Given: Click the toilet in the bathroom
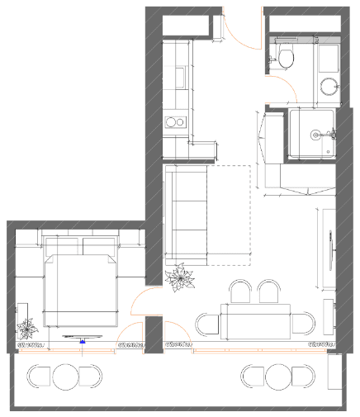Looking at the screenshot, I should click(x=286, y=59).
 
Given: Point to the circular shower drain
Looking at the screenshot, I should click(x=315, y=134).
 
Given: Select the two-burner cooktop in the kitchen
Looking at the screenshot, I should click(x=176, y=123).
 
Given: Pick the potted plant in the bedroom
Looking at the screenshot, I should click(x=28, y=329).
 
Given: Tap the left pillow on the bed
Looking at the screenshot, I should click(x=60, y=246).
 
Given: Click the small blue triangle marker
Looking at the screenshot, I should click(x=83, y=339).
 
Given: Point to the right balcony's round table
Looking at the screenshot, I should click(x=277, y=377).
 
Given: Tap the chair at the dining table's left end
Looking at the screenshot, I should click(x=206, y=323).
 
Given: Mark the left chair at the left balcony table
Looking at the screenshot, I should click(x=39, y=377).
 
